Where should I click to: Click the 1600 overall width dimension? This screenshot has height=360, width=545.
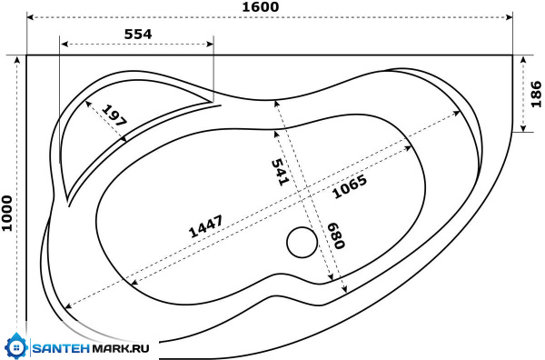click(x=261, y=7)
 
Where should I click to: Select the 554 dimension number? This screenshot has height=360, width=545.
click(x=138, y=34)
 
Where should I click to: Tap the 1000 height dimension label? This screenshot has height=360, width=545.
click(x=7, y=214)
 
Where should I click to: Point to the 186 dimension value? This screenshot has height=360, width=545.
click(x=536, y=95)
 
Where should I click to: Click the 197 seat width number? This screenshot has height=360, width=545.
click(x=114, y=115)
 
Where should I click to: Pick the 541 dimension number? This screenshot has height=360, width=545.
click(x=280, y=172)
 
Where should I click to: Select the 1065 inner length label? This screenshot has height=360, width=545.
click(x=350, y=186)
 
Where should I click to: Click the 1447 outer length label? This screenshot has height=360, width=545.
click(x=205, y=226)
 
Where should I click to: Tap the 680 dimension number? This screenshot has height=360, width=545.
click(x=336, y=235)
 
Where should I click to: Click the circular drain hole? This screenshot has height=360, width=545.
click(x=302, y=243)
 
